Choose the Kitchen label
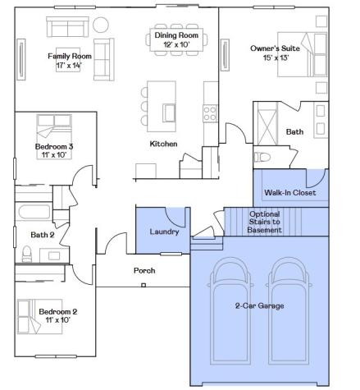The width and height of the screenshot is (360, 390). pyautogui.click(x=163, y=144)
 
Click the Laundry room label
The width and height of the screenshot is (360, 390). pyautogui.click(x=164, y=232)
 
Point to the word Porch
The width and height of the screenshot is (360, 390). pyautogui.click(x=144, y=270)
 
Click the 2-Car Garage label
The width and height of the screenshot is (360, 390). pyautogui.click(x=259, y=305)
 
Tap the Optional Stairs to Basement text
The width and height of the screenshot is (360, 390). pyautogui.click(x=264, y=222)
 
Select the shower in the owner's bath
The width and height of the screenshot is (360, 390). pyautogui.click(x=267, y=124)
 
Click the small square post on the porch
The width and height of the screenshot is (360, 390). pyautogui.click(x=144, y=285)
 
